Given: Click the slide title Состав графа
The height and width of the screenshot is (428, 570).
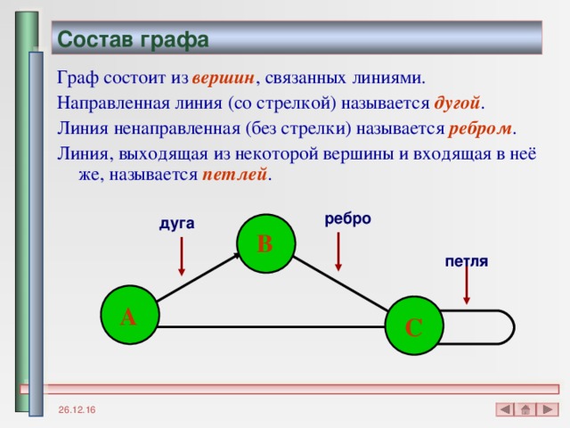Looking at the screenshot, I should coord(133,40).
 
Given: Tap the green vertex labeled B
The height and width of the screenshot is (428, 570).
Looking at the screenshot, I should coord(265,243).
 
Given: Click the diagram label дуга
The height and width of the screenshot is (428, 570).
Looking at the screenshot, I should coord(176,223).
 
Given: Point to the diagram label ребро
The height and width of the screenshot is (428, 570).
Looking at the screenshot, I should coord(347,218).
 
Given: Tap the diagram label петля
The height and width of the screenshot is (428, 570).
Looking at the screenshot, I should coord(466,261).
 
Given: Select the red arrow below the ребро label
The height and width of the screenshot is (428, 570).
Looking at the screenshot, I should coord(338,251).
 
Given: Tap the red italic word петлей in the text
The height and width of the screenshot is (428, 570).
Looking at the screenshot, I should coord(233,174).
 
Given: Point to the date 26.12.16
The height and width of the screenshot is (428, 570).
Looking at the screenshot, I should coord(79,409).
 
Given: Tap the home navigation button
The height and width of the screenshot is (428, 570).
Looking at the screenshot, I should coord(525,409).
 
